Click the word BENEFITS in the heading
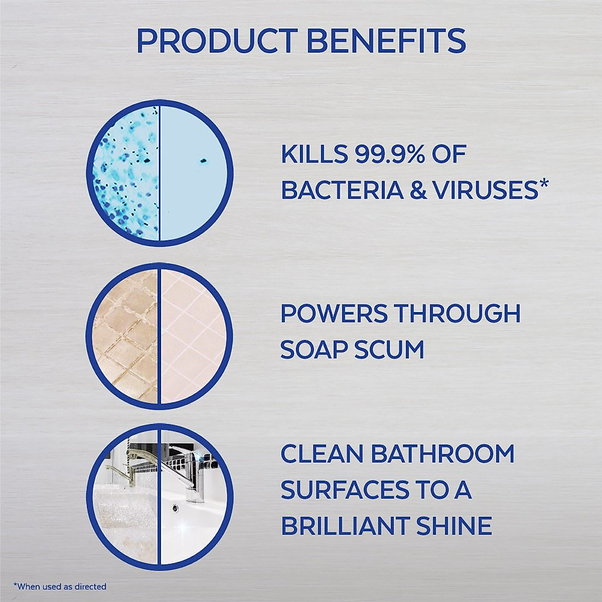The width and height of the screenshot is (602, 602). pyautogui.click(x=386, y=41)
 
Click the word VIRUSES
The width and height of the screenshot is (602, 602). pyautogui.click(x=482, y=191)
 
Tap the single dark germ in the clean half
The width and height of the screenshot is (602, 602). pyautogui.click(x=203, y=161)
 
